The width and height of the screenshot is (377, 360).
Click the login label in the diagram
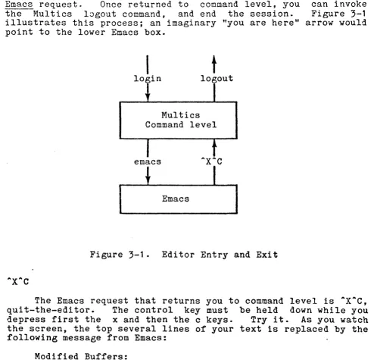click(148, 79)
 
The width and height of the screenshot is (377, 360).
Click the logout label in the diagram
click(217, 79)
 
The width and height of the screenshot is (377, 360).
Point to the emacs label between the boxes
click(148, 161)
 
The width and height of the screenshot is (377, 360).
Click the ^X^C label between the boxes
click(211, 161)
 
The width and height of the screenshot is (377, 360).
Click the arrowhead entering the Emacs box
click(148, 180)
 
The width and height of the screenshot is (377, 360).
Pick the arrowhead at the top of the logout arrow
click(214, 60)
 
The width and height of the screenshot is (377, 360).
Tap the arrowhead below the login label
click(148, 97)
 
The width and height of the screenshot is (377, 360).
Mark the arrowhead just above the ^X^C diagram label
click(214, 144)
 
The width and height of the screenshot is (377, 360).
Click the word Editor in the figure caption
click(178, 255)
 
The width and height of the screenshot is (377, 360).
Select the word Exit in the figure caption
click(267, 255)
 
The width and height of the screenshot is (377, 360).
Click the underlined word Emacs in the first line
click(19, 5)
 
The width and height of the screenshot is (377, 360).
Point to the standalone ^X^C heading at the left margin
click(18, 281)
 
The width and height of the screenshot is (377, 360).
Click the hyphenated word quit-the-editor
click(51, 310)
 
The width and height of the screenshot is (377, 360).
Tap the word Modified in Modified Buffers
click(56, 356)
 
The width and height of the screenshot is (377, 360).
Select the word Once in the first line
click(111, 5)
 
